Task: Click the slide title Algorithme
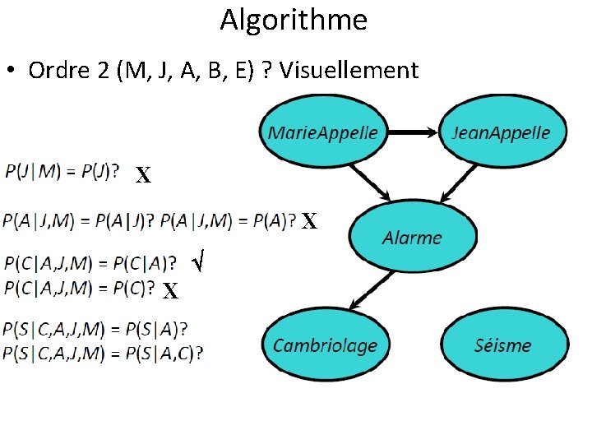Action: coord(294,19)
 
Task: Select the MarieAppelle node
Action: coord(323,132)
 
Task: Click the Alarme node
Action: coord(412,238)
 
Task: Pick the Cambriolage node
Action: coord(325,345)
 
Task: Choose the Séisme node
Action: coord(503,345)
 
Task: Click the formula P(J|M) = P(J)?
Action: coord(62,172)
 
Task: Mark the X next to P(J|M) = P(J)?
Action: coord(143,175)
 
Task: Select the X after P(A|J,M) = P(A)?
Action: coord(308,221)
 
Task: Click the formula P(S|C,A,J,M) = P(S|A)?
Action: coord(95,330)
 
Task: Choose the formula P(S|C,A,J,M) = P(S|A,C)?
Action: coord(104,353)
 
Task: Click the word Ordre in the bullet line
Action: coord(57,71)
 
